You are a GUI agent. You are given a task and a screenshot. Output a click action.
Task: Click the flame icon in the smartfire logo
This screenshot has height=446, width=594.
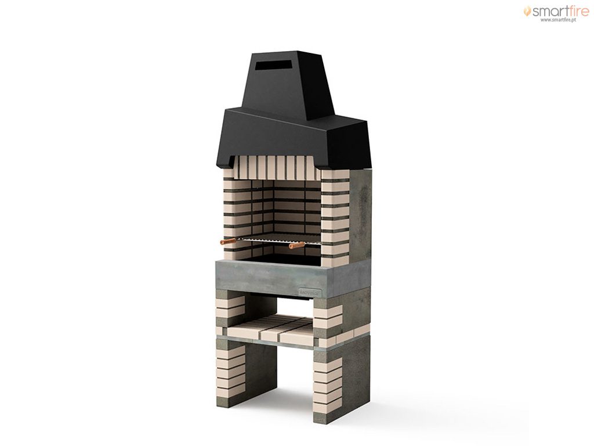(527, 11)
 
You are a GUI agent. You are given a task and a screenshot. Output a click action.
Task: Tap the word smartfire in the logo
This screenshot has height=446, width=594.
(561, 11)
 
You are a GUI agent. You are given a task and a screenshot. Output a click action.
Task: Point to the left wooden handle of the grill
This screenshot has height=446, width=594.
(227, 241)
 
